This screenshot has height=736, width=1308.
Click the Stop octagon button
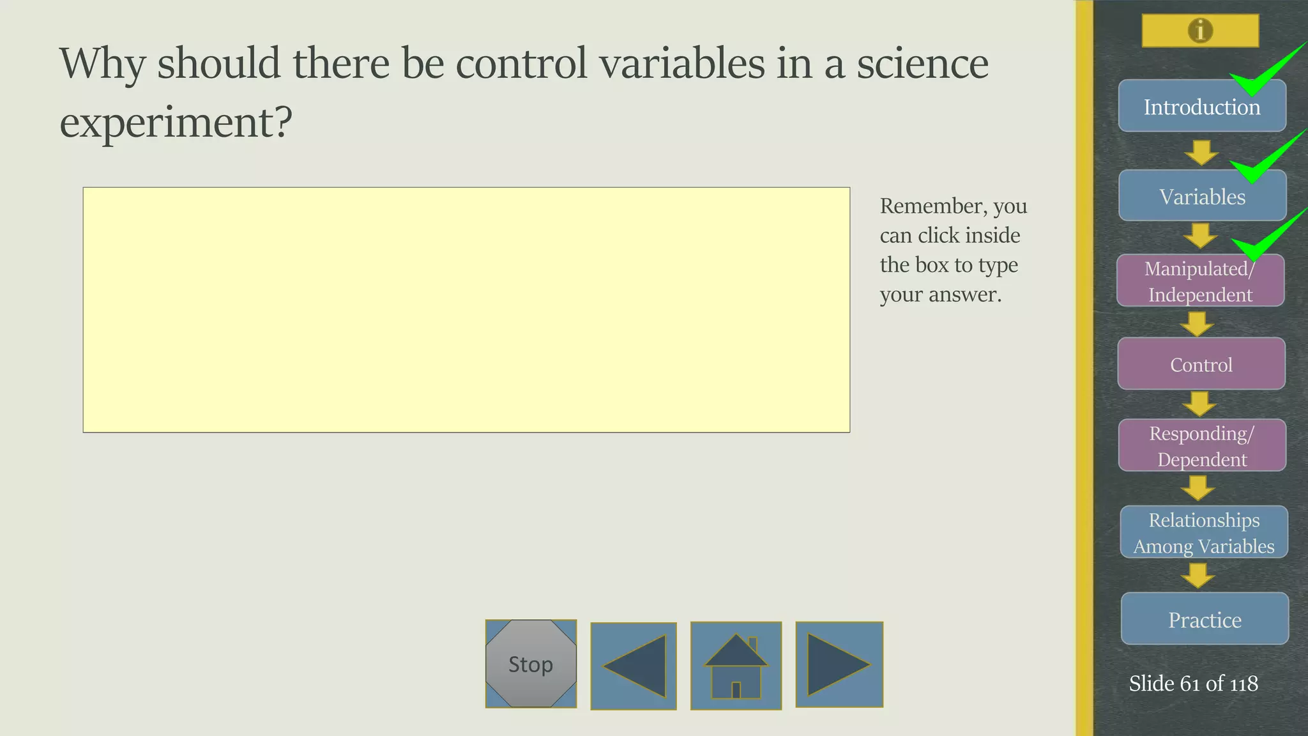click(x=531, y=664)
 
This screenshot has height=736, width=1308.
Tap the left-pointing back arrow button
click(x=634, y=666)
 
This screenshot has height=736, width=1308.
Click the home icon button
click(x=736, y=666)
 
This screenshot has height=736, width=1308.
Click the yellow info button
click(x=1200, y=31)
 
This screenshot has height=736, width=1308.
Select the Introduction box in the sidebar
click(x=1201, y=107)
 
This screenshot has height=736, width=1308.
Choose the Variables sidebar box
click(x=1201, y=196)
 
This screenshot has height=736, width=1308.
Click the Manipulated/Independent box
click(x=1200, y=281)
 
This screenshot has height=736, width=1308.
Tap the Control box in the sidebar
click(x=1201, y=364)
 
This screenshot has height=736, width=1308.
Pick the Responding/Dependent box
click(x=1201, y=446)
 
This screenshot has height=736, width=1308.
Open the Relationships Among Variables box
click(x=1203, y=532)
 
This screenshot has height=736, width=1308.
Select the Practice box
click(x=1204, y=619)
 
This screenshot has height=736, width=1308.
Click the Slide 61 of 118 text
click(x=1193, y=683)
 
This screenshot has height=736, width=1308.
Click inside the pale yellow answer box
click(x=466, y=310)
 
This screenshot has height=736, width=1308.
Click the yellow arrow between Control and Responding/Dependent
click(x=1199, y=404)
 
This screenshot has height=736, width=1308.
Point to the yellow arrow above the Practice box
click(x=1198, y=575)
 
